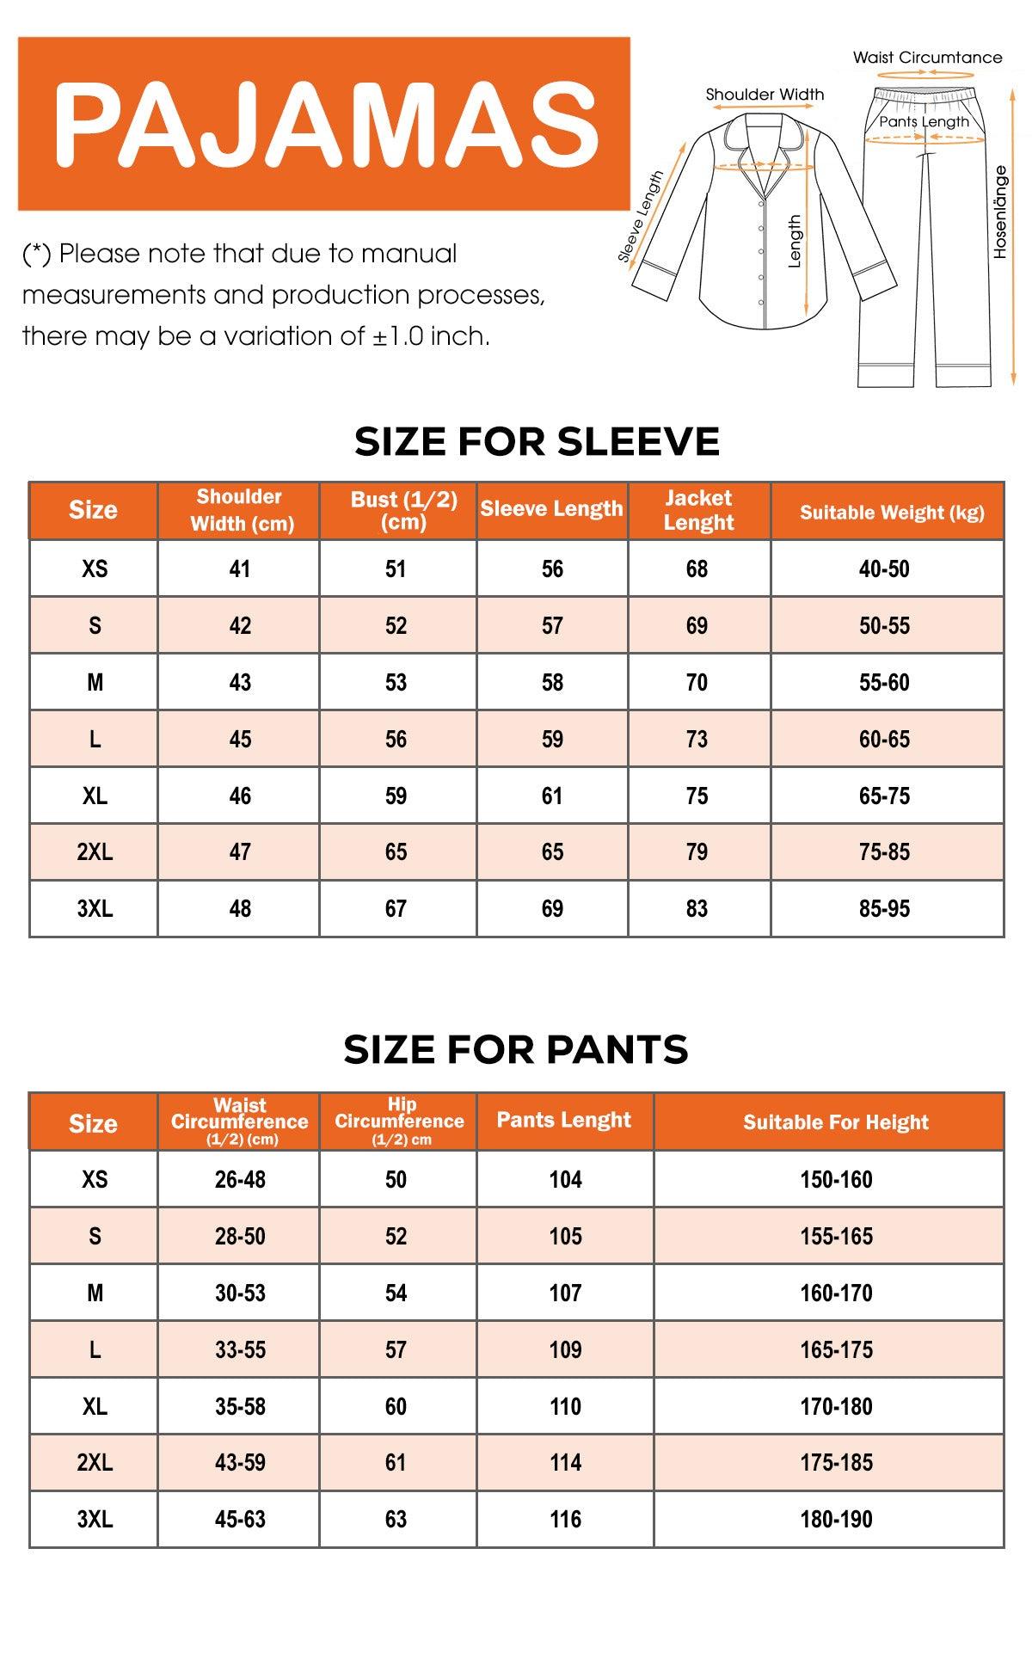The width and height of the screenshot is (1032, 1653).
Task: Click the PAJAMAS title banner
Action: tap(324, 124)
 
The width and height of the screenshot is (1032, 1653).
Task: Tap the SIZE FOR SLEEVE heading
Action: tap(537, 442)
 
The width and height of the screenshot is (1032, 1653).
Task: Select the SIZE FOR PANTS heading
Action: tap(516, 1049)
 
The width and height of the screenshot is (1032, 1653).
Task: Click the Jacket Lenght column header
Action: tap(698, 510)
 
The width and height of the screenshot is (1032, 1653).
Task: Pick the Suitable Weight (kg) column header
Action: tap(892, 513)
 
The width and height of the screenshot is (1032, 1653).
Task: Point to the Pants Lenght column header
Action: tap(564, 1120)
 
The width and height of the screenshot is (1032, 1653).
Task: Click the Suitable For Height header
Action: tap(836, 1121)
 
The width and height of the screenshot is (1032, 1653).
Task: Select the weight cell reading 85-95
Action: tap(884, 908)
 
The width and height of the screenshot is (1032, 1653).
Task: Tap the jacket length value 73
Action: tap(697, 739)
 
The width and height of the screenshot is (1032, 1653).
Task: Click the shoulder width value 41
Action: tap(240, 568)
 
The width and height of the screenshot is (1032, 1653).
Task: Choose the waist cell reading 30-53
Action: tap(240, 1293)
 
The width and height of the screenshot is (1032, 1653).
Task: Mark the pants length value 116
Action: tap(565, 1519)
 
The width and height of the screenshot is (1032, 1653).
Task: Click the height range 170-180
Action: tap(836, 1406)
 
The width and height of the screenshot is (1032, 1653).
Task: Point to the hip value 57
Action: tap(396, 1349)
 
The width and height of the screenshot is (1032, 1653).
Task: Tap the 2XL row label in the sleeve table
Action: tap(95, 851)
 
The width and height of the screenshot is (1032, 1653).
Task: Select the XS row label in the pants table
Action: tap(95, 1179)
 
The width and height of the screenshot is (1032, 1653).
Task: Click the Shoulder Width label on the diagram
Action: tap(765, 95)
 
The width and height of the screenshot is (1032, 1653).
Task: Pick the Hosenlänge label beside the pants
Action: tap(999, 212)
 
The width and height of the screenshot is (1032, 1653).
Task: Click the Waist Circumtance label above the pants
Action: tap(927, 58)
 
